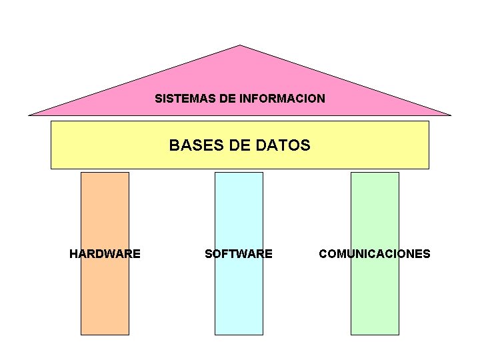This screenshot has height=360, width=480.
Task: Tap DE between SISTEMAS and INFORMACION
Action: pyautogui.click(x=228, y=99)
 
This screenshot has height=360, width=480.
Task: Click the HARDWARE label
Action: pyautogui.click(x=105, y=253)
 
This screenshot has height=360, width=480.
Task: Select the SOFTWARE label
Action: pyautogui.click(x=239, y=253)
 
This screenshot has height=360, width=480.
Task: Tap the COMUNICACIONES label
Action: pyautogui.click(x=375, y=253)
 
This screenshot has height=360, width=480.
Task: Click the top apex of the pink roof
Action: pyautogui.click(x=240, y=45)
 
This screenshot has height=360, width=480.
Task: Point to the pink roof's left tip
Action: pyautogui.click(x=29, y=115)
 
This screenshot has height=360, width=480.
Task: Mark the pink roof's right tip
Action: pyautogui.click(x=451, y=115)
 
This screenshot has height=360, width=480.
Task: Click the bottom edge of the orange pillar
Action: pyautogui.click(x=105, y=334)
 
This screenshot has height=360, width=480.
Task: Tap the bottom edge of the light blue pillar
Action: pyautogui.click(x=239, y=334)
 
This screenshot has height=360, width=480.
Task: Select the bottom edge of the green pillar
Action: pyautogui.click(x=375, y=334)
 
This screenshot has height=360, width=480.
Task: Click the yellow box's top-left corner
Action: pyautogui.click(x=51, y=121)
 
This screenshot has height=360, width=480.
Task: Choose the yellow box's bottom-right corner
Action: pyautogui.click(x=429, y=169)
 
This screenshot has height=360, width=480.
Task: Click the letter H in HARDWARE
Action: pyautogui.click(x=73, y=253)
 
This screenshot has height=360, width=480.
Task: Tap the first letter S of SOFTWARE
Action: pyautogui.click(x=209, y=253)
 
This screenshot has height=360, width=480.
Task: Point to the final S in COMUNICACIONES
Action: pyautogui.click(x=427, y=253)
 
